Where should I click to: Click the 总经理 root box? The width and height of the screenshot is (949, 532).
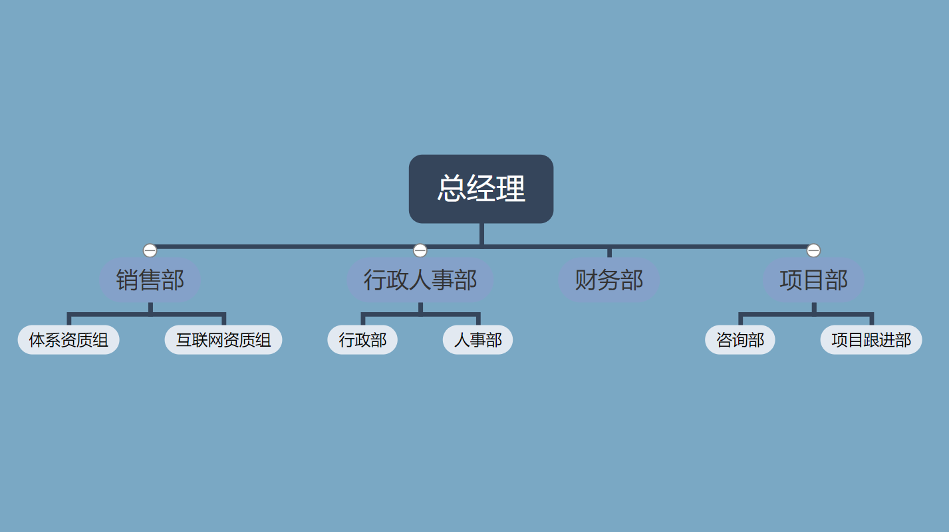481,189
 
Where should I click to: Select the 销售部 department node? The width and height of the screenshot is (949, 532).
150,280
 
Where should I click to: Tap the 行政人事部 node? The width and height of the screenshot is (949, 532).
420,280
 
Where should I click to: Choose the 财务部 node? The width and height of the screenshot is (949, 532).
609,280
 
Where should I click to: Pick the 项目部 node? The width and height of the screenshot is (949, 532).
813,280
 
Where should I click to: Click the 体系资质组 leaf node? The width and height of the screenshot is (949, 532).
68,340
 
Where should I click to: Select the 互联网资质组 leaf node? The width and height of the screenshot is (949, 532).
223,340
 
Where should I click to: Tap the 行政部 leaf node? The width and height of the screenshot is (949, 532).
362,340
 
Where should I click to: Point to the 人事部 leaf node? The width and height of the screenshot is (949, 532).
477,340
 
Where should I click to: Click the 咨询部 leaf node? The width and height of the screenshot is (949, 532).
740,340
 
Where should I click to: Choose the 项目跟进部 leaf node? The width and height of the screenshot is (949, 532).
871,340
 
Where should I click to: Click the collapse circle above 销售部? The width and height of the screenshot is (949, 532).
150,250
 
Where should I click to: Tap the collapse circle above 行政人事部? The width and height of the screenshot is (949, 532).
420,250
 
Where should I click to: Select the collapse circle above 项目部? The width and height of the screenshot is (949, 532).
813,250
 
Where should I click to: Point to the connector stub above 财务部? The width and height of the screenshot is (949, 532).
609,252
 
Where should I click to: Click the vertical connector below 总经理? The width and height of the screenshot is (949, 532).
481,234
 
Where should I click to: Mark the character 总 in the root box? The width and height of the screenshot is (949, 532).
452,189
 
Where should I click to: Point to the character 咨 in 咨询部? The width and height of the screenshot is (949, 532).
724,340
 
